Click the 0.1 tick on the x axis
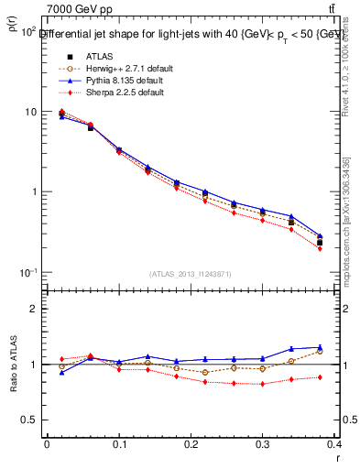pyautogui.click(x=119, y=445)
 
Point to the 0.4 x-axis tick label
pyautogui.click(x=335, y=445)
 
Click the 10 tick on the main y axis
pyautogui.click(x=29, y=112)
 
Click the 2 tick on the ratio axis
pyautogui.click(x=33, y=309)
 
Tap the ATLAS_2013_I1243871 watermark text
pyautogui.click(x=191, y=274)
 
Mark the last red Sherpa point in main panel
pyautogui.click(x=320, y=248)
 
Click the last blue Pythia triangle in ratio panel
pyautogui.click(x=320, y=347)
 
